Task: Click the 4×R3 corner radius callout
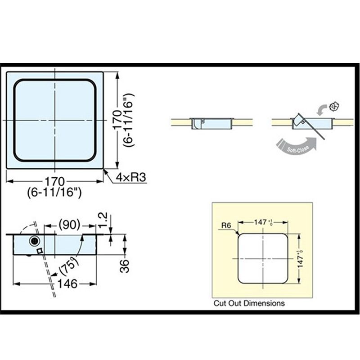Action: point(131,178)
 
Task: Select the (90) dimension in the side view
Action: point(69,224)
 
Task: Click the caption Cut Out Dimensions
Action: point(249,303)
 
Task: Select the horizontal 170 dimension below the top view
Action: point(54,182)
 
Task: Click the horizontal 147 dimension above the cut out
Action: point(261,222)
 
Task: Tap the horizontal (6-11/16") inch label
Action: point(54,193)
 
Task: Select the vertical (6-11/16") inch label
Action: point(128,120)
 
